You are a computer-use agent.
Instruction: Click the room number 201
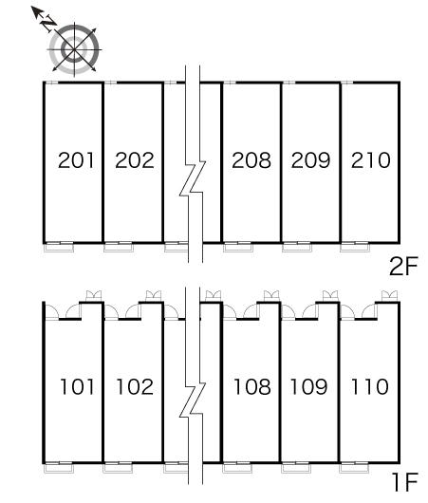76,160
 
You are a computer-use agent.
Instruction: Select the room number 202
135,160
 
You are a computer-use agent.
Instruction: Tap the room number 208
251,160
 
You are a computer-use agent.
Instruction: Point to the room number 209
310,160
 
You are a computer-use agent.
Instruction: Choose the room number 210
370,160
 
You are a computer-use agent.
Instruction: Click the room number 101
77,386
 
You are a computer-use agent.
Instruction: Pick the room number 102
135,386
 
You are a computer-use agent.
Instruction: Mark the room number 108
252,386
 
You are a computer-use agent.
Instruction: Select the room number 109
308,386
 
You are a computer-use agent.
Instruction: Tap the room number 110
370,386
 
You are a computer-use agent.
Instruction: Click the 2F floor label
403,267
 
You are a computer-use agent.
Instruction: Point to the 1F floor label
405,482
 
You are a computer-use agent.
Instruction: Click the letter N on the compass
47,23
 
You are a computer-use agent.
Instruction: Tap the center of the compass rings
74,49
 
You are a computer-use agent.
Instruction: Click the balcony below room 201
59,248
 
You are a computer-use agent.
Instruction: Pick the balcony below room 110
354,468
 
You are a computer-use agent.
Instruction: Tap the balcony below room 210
355,248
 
